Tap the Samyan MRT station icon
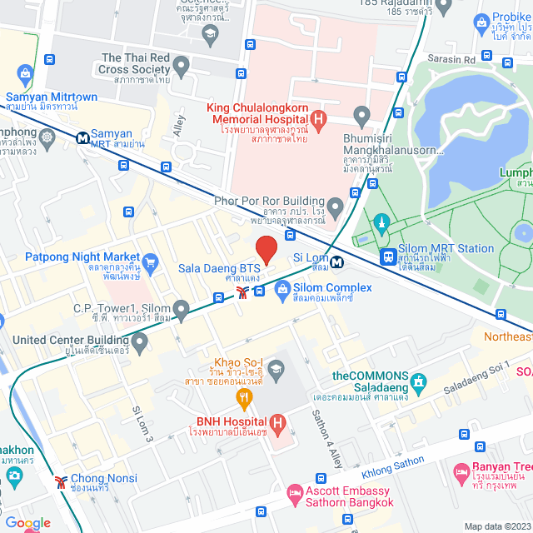[x=83, y=138]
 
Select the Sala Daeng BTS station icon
[x=242, y=291]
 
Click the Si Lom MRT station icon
[x=336, y=262]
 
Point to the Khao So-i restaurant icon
[x=244, y=399]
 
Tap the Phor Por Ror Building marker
[x=336, y=205]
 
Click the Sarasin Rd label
[x=453, y=60]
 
